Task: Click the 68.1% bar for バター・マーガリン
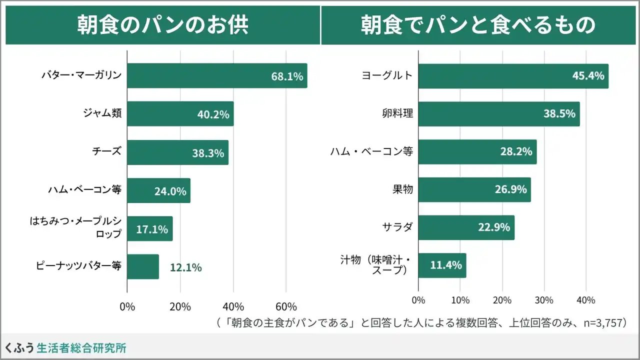point(217,76)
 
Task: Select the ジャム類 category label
point(102,113)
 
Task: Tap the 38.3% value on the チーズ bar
point(207,153)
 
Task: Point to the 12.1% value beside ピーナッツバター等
point(185,267)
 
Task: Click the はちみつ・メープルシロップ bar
point(149,228)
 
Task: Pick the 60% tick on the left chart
point(286,306)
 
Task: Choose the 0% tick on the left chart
point(127,306)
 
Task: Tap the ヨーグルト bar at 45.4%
point(513,76)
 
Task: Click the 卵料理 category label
point(398,113)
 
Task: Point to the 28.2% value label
point(516,151)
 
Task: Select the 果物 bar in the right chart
point(474,189)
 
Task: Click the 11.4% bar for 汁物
point(442,265)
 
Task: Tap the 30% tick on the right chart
point(544,300)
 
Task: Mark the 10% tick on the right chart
point(460,300)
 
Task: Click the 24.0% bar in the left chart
point(158,190)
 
